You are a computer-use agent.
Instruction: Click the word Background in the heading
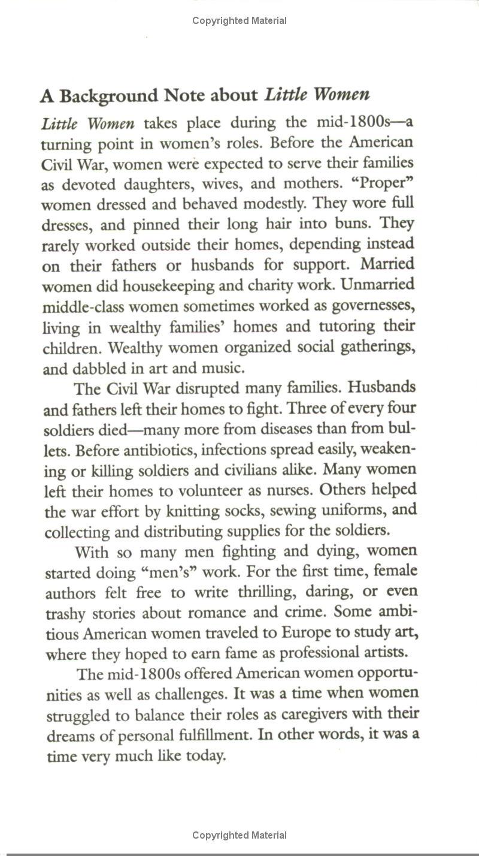coord(110,95)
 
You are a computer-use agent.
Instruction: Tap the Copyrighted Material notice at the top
coord(239,21)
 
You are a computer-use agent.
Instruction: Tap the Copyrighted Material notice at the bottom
coord(239,835)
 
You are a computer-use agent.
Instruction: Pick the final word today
coord(205,756)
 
